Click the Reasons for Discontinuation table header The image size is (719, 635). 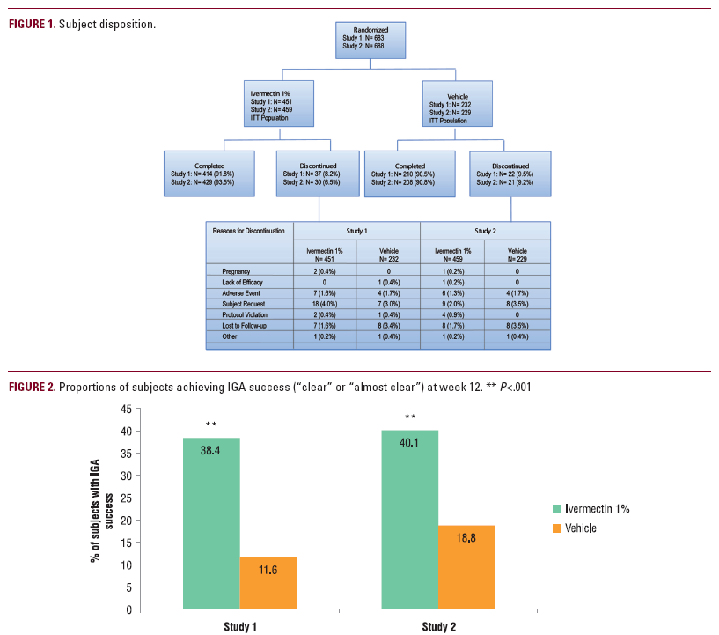point(248,231)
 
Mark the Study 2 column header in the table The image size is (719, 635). point(486,231)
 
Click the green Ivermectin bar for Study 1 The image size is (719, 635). point(211,522)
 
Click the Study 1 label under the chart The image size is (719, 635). point(240,624)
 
